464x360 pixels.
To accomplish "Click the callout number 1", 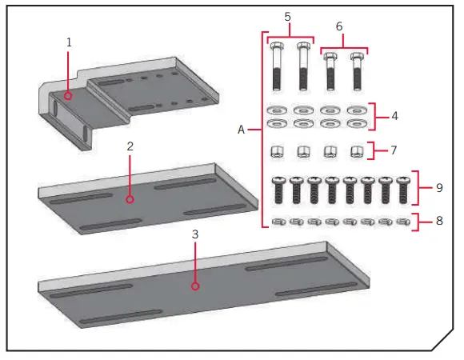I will pyautogui.click(x=69, y=41).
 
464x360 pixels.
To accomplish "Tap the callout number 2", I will pyautogui.click(x=130, y=147).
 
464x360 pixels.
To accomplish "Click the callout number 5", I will pyautogui.click(x=289, y=15).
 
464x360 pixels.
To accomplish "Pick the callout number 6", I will pyautogui.click(x=339, y=26).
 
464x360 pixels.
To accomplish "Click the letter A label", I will pyautogui.click(x=241, y=129).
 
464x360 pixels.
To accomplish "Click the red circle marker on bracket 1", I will pyautogui.click(x=69, y=95).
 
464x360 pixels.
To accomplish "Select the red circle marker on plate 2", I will pyautogui.click(x=130, y=198).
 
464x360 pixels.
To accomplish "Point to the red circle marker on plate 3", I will pyautogui.click(x=194, y=284).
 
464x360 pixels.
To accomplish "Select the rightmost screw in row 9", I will pyautogui.click(x=402, y=190).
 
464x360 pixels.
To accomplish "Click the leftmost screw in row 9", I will pyautogui.click(x=279, y=190).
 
